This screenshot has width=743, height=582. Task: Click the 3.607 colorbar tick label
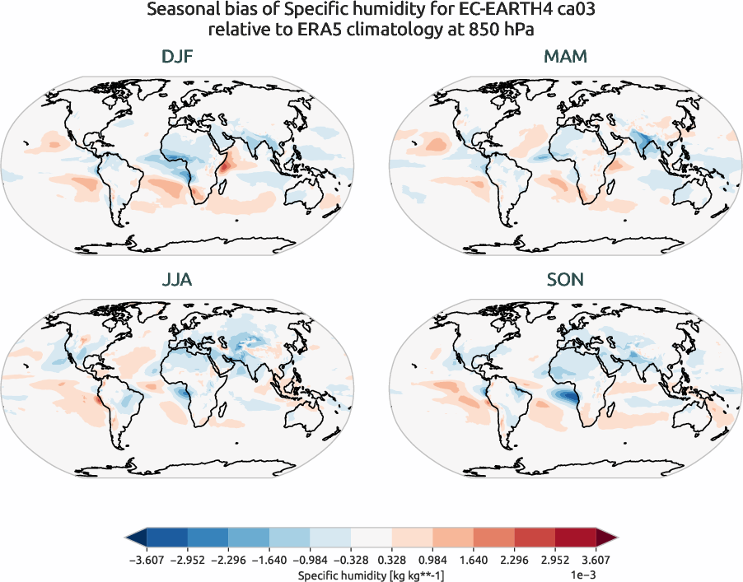(596, 559)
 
